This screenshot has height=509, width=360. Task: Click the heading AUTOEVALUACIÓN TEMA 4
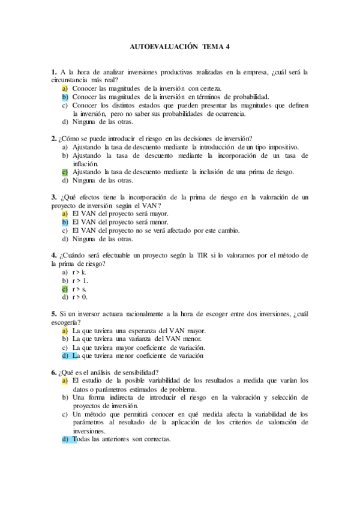(x=179, y=46)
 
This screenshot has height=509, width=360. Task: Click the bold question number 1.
(x=54, y=72)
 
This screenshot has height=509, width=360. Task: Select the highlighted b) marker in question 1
(x=65, y=97)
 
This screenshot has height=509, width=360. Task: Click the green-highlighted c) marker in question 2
(x=65, y=172)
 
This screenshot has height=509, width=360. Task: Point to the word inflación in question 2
(x=86, y=163)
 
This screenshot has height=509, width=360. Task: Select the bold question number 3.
(x=54, y=197)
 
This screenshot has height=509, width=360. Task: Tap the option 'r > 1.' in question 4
(x=80, y=280)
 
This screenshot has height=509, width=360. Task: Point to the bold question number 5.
(x=54, y=314)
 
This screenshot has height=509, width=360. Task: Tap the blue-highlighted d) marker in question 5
(x=65, y=356)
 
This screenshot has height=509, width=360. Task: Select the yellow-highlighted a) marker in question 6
(x=65, y=381)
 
